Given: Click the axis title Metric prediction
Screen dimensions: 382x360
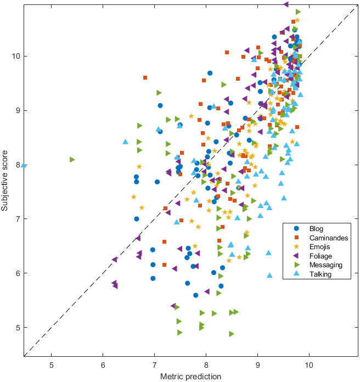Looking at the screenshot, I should tap(190, 376).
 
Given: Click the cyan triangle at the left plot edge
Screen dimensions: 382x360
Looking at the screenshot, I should tap(24, 165).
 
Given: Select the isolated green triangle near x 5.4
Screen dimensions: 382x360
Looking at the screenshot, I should tap(72, 160).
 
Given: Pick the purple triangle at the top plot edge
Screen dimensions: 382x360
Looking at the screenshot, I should tap(286, 4).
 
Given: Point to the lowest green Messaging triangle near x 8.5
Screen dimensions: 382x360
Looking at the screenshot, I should tap(232, 334).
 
